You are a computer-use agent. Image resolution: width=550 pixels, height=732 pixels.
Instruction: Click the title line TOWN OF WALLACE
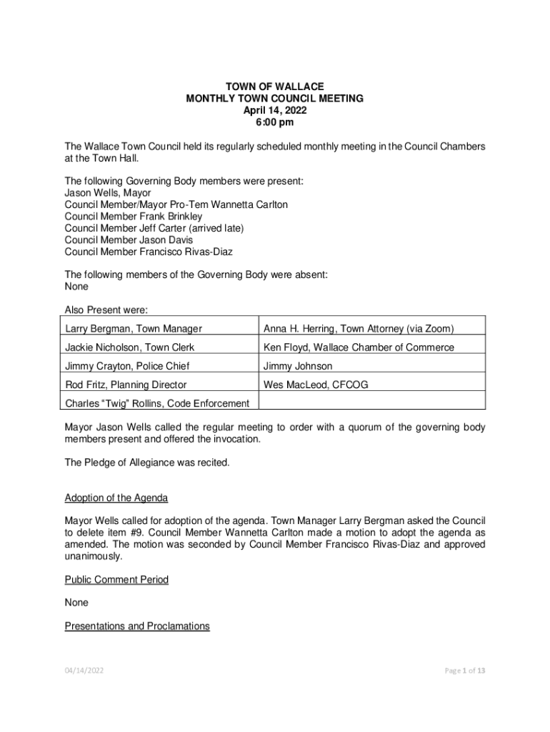click(x=274, y=86)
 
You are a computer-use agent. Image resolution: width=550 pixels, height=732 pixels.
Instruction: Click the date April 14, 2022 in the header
click(x=274, y=111)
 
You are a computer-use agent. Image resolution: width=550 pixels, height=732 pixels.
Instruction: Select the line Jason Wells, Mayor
click(x=108, y=193)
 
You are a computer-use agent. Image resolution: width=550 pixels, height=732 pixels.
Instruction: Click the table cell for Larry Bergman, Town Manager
click(x=134, y=329)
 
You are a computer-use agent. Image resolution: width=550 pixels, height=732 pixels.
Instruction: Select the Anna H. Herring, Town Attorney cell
click(x=359, y=329)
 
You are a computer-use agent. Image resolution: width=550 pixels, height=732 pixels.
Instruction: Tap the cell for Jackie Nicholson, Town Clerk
click(x=129, y=347)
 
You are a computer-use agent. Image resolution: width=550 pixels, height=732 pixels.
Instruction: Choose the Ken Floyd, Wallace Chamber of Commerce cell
click(x=359, y=347)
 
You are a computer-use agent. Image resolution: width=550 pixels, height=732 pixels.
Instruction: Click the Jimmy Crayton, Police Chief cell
click(x=127, y=366)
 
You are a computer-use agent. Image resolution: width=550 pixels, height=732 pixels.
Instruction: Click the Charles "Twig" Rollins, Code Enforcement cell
click(x=157, y=403)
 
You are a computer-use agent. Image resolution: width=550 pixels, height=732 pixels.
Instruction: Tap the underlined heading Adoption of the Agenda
click(x=116, y=498)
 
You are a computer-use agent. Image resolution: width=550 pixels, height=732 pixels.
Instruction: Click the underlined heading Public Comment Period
click(x=116, y=579)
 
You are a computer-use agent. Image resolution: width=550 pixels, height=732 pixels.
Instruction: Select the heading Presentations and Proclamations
click(x=137, y=626)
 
